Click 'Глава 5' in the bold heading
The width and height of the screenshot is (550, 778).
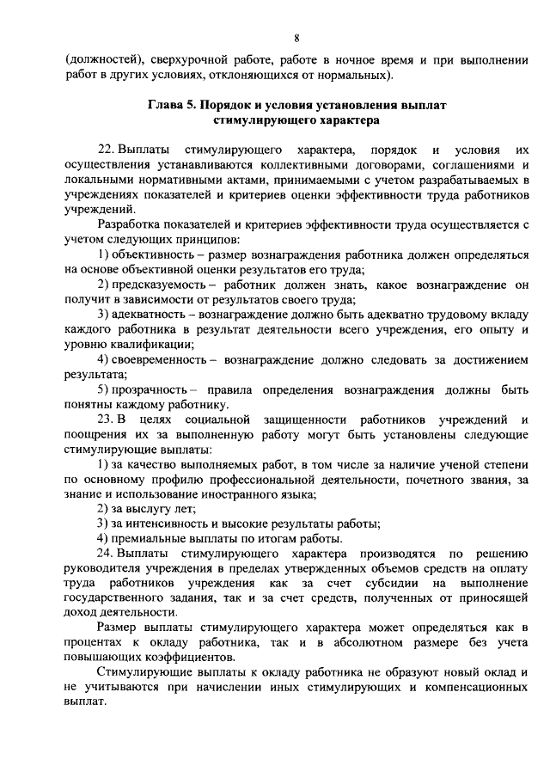click(x=173, y=105)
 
